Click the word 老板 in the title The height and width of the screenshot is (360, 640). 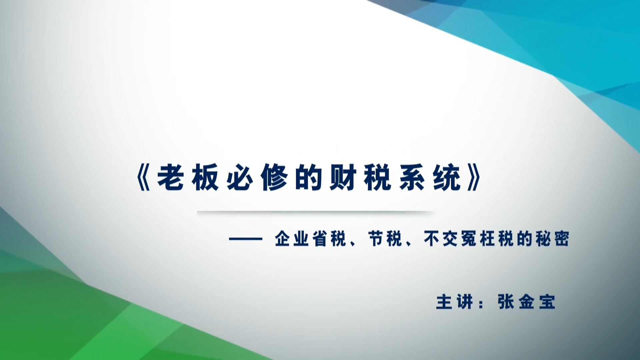pyautogui.click(x=188, y=177)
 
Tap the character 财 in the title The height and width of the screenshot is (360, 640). pyautogui.click(x=343, y=177)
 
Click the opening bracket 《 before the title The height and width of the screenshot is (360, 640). pyautogui.click(x=144, y=177)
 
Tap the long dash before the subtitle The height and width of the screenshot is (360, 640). pyautogui.click(x=246, y=239)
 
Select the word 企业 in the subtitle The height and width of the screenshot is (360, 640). pyautogui.click(x=292, y=239)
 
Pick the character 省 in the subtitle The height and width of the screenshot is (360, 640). pyautogui.click(x=319, y=239)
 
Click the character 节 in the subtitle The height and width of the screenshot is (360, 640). pyautogui.click(x=376, y=239)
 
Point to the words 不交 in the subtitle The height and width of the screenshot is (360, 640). pyautogui.click(x=441, y=239)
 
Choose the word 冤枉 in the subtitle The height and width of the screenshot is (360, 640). pyautogui.click(x=478, y=239)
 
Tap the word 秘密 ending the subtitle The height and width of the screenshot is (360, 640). pyautogui.click(x=552, y=239)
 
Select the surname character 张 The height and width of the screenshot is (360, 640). pyautogui.click(x=506, y=302)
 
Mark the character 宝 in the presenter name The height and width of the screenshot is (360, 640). pyautogui.click(x=547, y=302)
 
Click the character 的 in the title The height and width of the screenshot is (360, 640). pyautogui.click(x=308, y=177)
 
